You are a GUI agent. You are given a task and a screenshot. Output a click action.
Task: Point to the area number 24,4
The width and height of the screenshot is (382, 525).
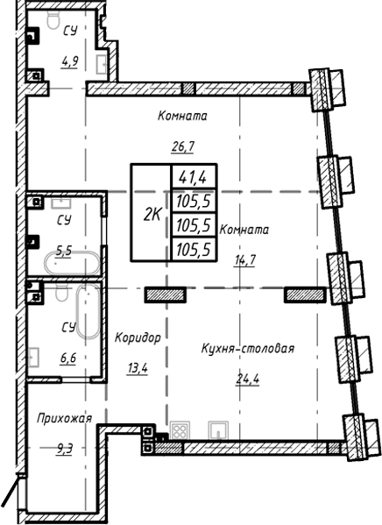click(x=247, y=379)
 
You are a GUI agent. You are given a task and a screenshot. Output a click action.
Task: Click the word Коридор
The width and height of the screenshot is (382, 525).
click(x=137, y=337)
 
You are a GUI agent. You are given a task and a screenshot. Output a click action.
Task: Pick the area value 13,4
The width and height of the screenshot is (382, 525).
click(x=137, y=367)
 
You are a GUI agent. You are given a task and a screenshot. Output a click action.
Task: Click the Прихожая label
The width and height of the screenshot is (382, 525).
click(x=64, y=419)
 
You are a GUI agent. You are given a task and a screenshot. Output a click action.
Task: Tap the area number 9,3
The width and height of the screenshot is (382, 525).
click(x=63, y=449)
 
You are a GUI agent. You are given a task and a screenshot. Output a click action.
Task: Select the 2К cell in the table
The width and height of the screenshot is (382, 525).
click(x=151, y=212)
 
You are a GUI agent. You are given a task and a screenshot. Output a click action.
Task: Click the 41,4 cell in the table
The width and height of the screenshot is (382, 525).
click(x=191, y=178)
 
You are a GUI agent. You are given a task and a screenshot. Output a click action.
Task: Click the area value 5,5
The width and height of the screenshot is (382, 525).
click(x=64, y=249)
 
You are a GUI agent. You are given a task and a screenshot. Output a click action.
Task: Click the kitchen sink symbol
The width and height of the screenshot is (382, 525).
click(x=217, y=430)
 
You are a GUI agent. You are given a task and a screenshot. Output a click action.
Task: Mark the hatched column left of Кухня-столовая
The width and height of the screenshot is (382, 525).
click(x=161, y=294)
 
